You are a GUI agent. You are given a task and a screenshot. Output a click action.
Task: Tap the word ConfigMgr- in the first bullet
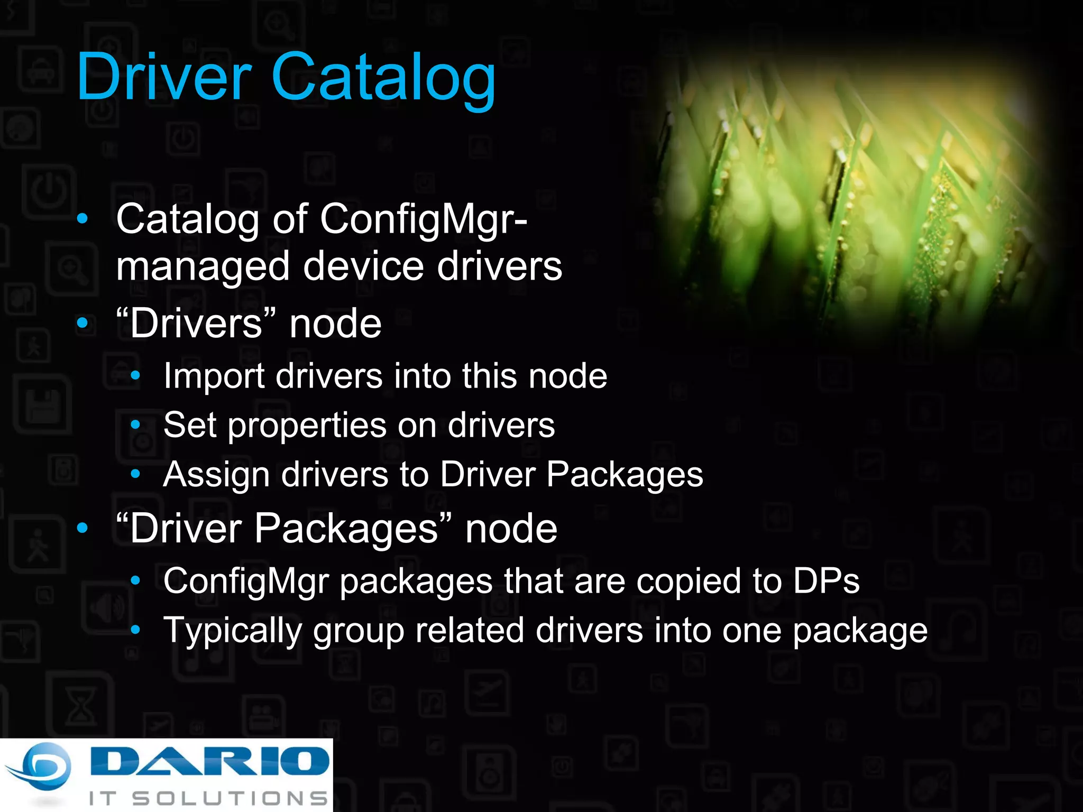[423, 219]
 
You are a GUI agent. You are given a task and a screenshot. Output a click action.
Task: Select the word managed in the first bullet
[203, 267]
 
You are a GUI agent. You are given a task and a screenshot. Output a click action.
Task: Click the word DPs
[827, 581]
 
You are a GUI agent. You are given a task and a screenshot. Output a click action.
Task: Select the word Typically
[232, 631]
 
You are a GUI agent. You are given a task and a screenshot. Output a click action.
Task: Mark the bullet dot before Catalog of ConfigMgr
[82, 219]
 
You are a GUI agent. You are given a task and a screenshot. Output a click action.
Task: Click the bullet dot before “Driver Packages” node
[82, 528]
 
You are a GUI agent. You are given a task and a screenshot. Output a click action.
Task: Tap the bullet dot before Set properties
[136, 425]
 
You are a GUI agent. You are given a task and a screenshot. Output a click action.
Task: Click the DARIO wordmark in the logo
[209, 761]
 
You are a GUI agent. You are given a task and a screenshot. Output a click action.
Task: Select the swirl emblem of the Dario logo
[40, 769]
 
